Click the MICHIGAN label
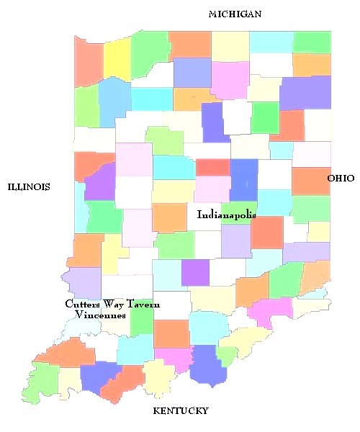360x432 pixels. point(234,14)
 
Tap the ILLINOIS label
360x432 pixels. point(29,187)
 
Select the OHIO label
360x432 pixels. point(341,178)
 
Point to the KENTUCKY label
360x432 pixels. point(181,411)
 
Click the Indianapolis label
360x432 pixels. point(226,214)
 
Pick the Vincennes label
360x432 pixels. point(100,315)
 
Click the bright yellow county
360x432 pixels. point(117,59)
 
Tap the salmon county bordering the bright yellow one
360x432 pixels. point(89,65)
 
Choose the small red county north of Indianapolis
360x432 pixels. point(212,167)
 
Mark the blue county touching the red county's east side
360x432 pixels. point(243,180)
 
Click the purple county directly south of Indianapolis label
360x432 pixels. point(194,272)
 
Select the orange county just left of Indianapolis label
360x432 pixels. point(170,217)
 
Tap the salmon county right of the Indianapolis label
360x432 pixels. point(266,232)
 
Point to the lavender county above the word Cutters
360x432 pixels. point(82,282)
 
